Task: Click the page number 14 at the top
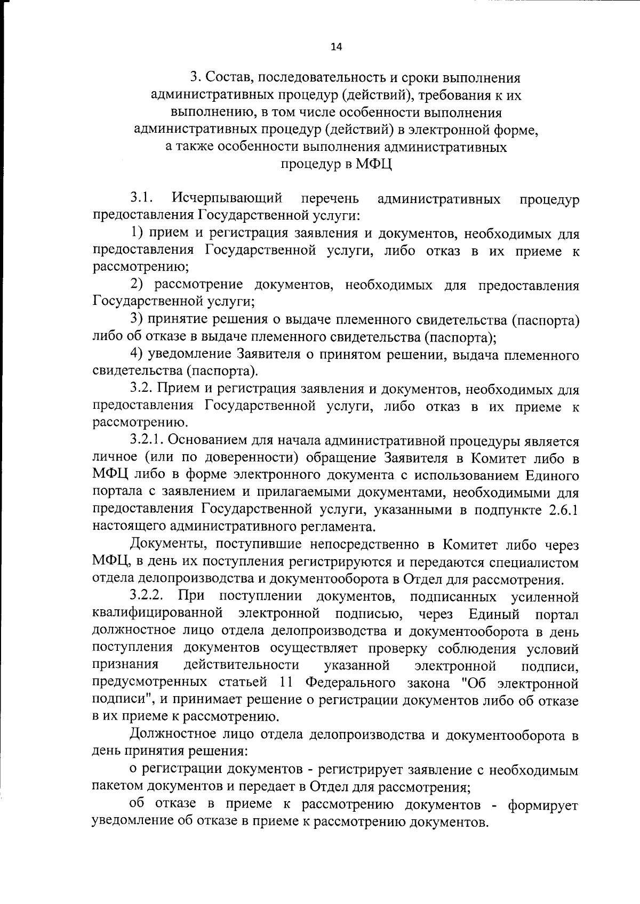337,47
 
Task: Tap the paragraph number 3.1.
142,199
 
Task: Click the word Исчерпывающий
227,199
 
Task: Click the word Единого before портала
552,475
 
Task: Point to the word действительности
241,665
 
